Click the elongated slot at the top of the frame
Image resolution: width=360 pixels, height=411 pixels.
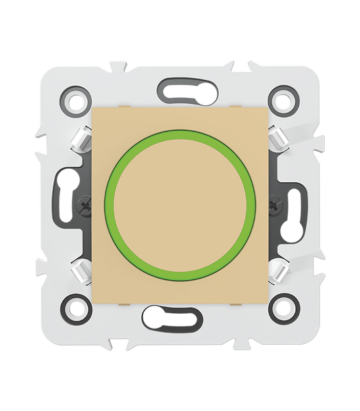(x=180, y=88)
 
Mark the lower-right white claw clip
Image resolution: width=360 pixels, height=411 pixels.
(x=276, y=269)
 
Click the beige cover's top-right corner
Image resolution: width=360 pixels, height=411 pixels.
(x=268, y=108)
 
